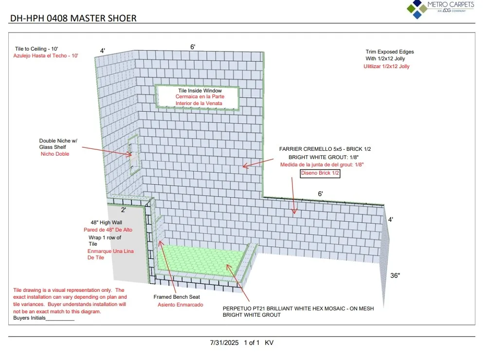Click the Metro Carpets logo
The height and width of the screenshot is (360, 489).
tap(440, 9)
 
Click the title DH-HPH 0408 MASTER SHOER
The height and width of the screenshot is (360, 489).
tap(73, 18)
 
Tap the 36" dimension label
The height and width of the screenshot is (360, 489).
tap(395, 275)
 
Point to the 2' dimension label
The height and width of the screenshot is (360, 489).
tap(124, 210)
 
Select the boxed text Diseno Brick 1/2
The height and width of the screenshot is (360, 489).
tap(320, 173)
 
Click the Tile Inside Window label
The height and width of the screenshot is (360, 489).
tap(200, 90)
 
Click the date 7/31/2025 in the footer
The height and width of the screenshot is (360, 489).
tap(224, 343)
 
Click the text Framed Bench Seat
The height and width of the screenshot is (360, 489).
tap(177, 297)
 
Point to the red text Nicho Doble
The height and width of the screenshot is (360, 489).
tap(55, 154)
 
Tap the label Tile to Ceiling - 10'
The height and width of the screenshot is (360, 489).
tap(36, 49)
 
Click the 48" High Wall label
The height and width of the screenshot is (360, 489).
tap(107, 222)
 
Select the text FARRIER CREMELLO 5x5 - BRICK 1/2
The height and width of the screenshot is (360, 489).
tap(325, 149)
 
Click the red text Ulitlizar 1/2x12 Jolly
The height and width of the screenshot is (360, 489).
tap(386, 66)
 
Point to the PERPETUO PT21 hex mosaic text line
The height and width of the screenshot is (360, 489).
tap(298, 308)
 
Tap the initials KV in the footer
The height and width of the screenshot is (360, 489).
tap(269, 343)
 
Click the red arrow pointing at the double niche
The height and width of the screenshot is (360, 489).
tap(107, 151)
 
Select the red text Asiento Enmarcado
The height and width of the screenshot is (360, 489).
tap(180, 305)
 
